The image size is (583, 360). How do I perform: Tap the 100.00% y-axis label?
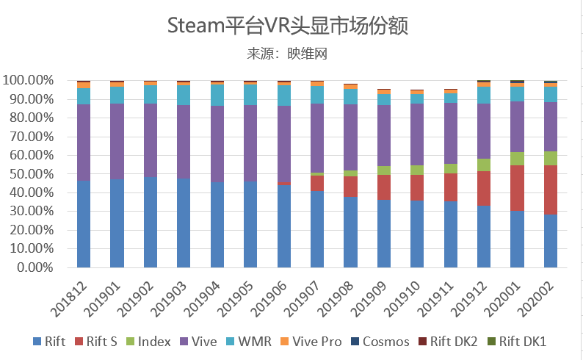tap(26, 80)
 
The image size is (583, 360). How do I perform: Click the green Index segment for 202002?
tap(551, 158)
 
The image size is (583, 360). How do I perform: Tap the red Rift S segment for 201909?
tap(384, 187)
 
